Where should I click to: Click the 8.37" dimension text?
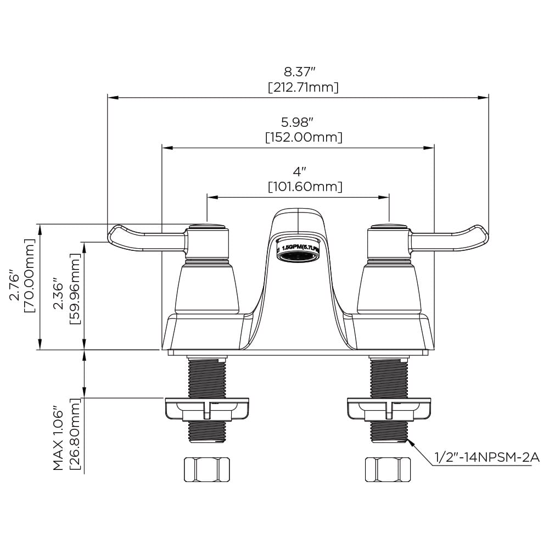coord(299,71)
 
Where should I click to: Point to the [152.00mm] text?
coord(304,137)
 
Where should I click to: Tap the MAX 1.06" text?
coord(59,439)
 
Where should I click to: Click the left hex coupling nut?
coord(205,469)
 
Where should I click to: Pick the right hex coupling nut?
coord(388,469)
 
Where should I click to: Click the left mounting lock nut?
coord(206,409)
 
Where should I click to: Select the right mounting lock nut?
coord(389,409)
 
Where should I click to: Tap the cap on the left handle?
coord(206,226)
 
